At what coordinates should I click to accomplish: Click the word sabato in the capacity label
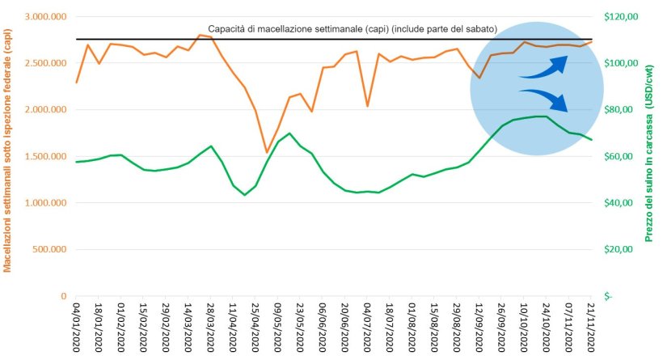476,29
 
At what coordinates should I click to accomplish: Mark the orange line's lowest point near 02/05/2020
267,152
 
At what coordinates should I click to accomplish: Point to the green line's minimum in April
245,195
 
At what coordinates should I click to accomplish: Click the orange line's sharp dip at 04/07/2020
368,106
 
